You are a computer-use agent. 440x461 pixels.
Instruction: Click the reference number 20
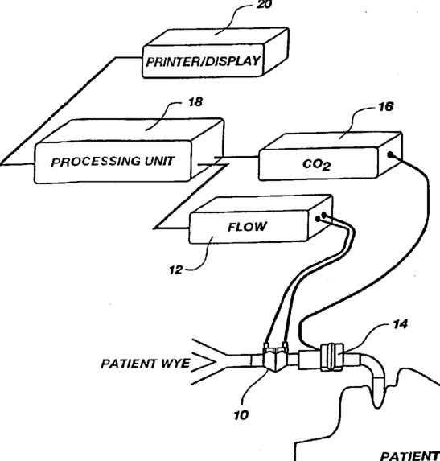[x=264, y=4]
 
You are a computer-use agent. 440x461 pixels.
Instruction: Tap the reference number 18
[x=195, y=101]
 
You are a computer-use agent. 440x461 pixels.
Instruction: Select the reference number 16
[x=385, y=107]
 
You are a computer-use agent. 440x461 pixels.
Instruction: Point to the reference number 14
[x=401, y=324]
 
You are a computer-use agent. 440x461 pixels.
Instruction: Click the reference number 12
[x=176, y=270]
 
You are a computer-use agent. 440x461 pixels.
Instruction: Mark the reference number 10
[x=241, y=415]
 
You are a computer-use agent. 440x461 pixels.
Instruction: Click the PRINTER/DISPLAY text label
[x=203, y=61]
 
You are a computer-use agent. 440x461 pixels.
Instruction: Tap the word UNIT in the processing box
[x=159, y=161]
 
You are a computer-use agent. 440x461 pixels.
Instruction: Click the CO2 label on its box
[x=317, y=164]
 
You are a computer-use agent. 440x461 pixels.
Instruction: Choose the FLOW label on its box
[x=248, y=227]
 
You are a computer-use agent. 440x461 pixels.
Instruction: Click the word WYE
[x=175, y=364]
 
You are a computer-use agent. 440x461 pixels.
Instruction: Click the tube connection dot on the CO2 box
[x=390, y=154]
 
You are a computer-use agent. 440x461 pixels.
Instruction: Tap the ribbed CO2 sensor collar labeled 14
[x=332, y=357]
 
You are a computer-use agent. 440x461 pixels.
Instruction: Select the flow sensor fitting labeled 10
[x=275, y=357]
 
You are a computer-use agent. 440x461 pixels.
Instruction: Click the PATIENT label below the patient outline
[x=410, y=456]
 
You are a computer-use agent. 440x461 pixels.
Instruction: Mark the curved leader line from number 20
[x=233, y=19]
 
